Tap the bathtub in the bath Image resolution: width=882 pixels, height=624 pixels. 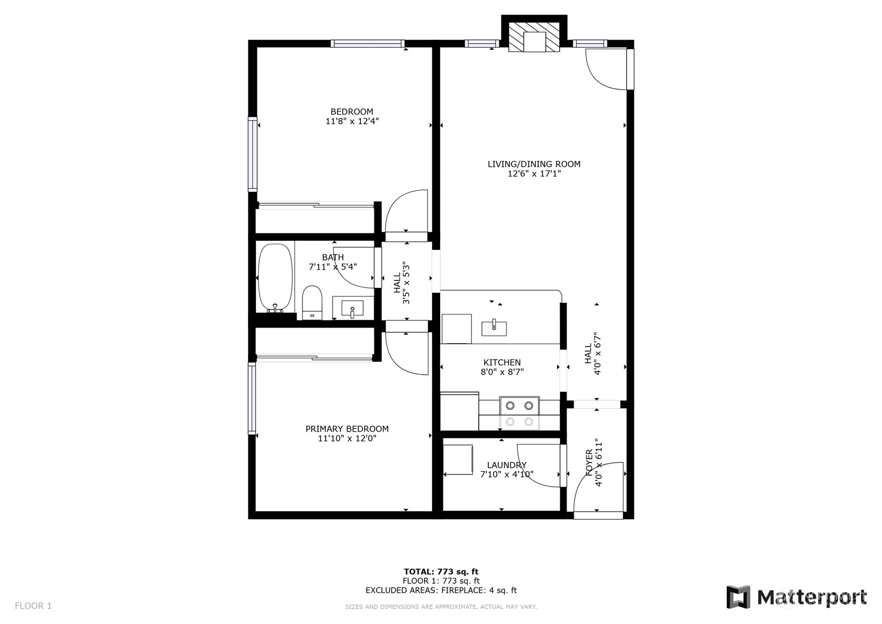(x=275, y=278)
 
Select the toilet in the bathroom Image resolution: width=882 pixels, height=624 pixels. (x=312, y=303)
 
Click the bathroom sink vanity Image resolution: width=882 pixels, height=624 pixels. (x=352, y=309)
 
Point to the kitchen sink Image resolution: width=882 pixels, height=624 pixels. (x=494, y=328)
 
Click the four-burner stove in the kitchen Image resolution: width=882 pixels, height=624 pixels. (x=519, y=413)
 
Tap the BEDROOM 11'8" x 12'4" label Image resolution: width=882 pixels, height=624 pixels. (x=352, y=116)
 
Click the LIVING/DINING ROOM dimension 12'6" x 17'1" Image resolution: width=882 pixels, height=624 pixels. (x=534, y=174)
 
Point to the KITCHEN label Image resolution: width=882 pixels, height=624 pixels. (x=502, y=362)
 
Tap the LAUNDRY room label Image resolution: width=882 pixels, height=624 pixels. (x=507, y=465)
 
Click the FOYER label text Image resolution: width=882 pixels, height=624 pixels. (x=589, y=462)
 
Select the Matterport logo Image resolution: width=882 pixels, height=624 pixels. (x=796, y=597)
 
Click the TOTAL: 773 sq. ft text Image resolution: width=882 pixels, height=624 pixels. (x=441, y=571)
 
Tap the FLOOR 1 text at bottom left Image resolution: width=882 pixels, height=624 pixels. (x=33, y=606)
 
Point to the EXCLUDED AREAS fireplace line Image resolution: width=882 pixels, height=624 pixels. (x=441, y=590)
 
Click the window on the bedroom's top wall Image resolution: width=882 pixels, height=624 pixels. (x=367, y=43)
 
